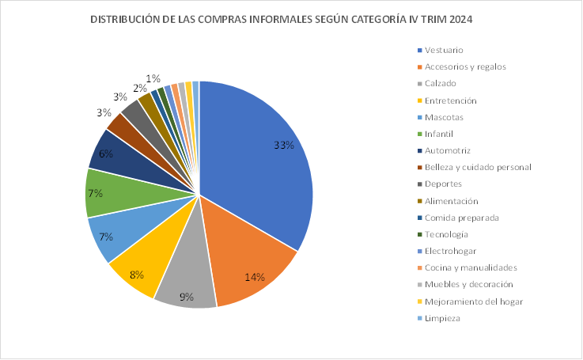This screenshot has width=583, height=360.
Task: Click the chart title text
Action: tap(286, 19)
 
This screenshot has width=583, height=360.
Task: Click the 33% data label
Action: tap(284, 146)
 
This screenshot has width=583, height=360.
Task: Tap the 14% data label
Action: tap(255, 278)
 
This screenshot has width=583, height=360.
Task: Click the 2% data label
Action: tap(139, 88)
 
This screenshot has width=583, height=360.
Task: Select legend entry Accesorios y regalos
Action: tap(465, 66)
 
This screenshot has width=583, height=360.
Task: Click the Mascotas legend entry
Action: tap(444, 117)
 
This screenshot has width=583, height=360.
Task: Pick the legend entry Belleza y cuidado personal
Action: tap(477, 167)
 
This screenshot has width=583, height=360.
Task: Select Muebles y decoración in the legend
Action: tap(468, 284)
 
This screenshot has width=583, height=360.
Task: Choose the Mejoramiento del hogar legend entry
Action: tap(473, 301)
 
